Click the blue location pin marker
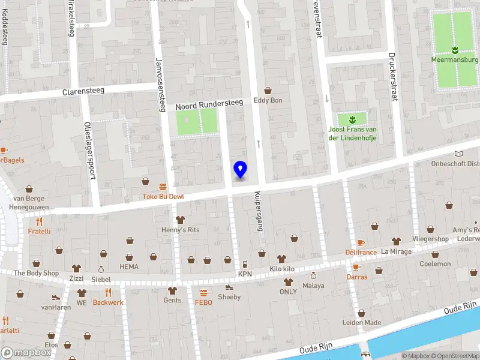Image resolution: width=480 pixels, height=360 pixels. tap(240, 170)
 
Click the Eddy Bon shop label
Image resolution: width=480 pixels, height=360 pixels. tap(268, 100)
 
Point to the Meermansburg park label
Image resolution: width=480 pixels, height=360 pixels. tap(454, 60)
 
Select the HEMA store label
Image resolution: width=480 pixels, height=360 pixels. tap(128, 266)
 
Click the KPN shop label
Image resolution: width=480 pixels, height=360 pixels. tap(245, 274)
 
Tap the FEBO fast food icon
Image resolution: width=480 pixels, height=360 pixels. tap(203, 293)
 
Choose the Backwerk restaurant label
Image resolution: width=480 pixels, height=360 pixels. tap(108, 302)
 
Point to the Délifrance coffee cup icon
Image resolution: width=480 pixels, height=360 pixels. tap(361, 242)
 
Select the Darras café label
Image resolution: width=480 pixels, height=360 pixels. tap(357, 277)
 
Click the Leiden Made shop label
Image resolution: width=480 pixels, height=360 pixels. tap(361, 322)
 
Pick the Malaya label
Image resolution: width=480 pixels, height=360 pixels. tap(313, 286)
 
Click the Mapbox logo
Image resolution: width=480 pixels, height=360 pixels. tap(26, 352)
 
